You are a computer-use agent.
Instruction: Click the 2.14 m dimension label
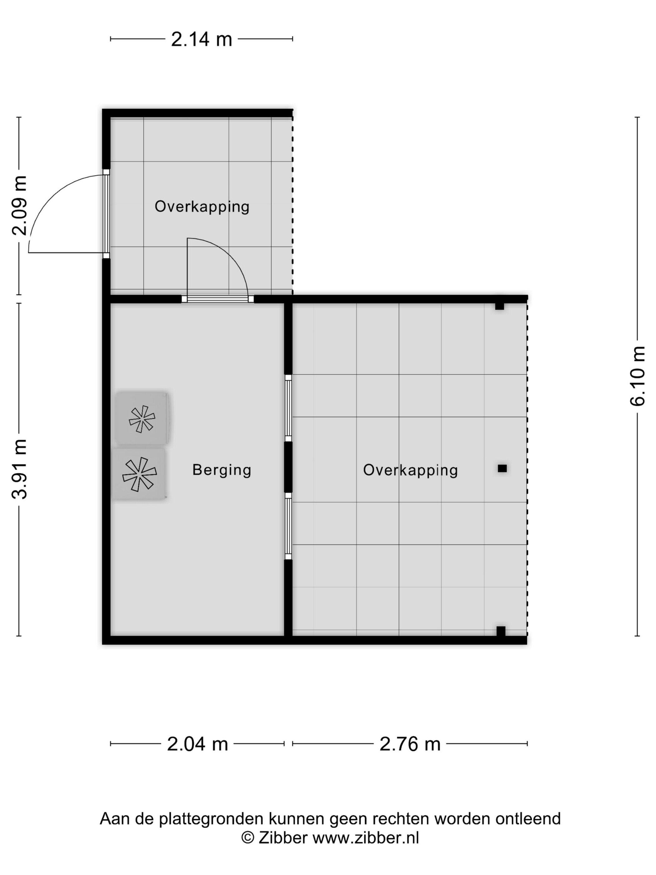(x=201, y=39)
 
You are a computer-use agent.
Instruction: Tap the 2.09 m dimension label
(x=19, y=205)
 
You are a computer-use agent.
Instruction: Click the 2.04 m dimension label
(x=197, y=744)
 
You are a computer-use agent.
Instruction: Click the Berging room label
(x=221, y=470)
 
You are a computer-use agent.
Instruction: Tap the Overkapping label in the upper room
(x=202, y=207)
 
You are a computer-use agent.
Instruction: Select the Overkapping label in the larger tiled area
(x=410, y=470)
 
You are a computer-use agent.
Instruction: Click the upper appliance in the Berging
(x=142, y=418)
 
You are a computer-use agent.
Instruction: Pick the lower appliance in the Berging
(x=139, y=474)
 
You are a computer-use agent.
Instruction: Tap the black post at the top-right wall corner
(x=500, y=306)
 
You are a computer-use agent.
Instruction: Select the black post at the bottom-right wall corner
(x=501, y=631)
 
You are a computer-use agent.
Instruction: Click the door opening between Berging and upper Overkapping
(x=217, y=299)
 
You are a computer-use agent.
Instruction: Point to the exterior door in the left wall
(x=106, y=214)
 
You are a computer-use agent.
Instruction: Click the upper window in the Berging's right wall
(x=288, y=408)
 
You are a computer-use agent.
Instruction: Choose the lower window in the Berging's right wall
(x=288, y=526)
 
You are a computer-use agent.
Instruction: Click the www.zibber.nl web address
(x=366, y=838)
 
